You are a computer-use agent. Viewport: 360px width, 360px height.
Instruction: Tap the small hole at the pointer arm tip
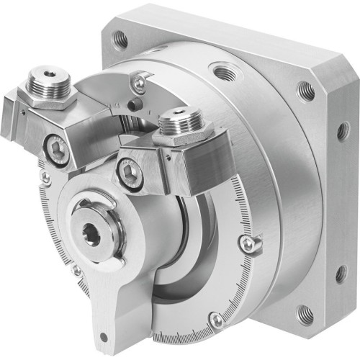tap(106, 336)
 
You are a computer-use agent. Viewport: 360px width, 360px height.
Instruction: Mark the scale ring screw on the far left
tap(45, 176)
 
